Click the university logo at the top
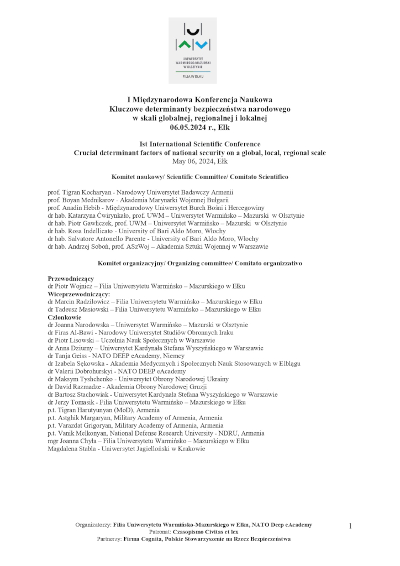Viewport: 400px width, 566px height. point(192,50)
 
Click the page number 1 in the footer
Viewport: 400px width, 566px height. point(350,526)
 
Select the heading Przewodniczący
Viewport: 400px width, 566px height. point(71,279)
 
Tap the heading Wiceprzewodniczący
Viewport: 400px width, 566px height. point(79,294)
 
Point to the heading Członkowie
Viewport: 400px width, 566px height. point(65,317)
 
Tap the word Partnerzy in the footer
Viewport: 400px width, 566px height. point(109,539)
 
